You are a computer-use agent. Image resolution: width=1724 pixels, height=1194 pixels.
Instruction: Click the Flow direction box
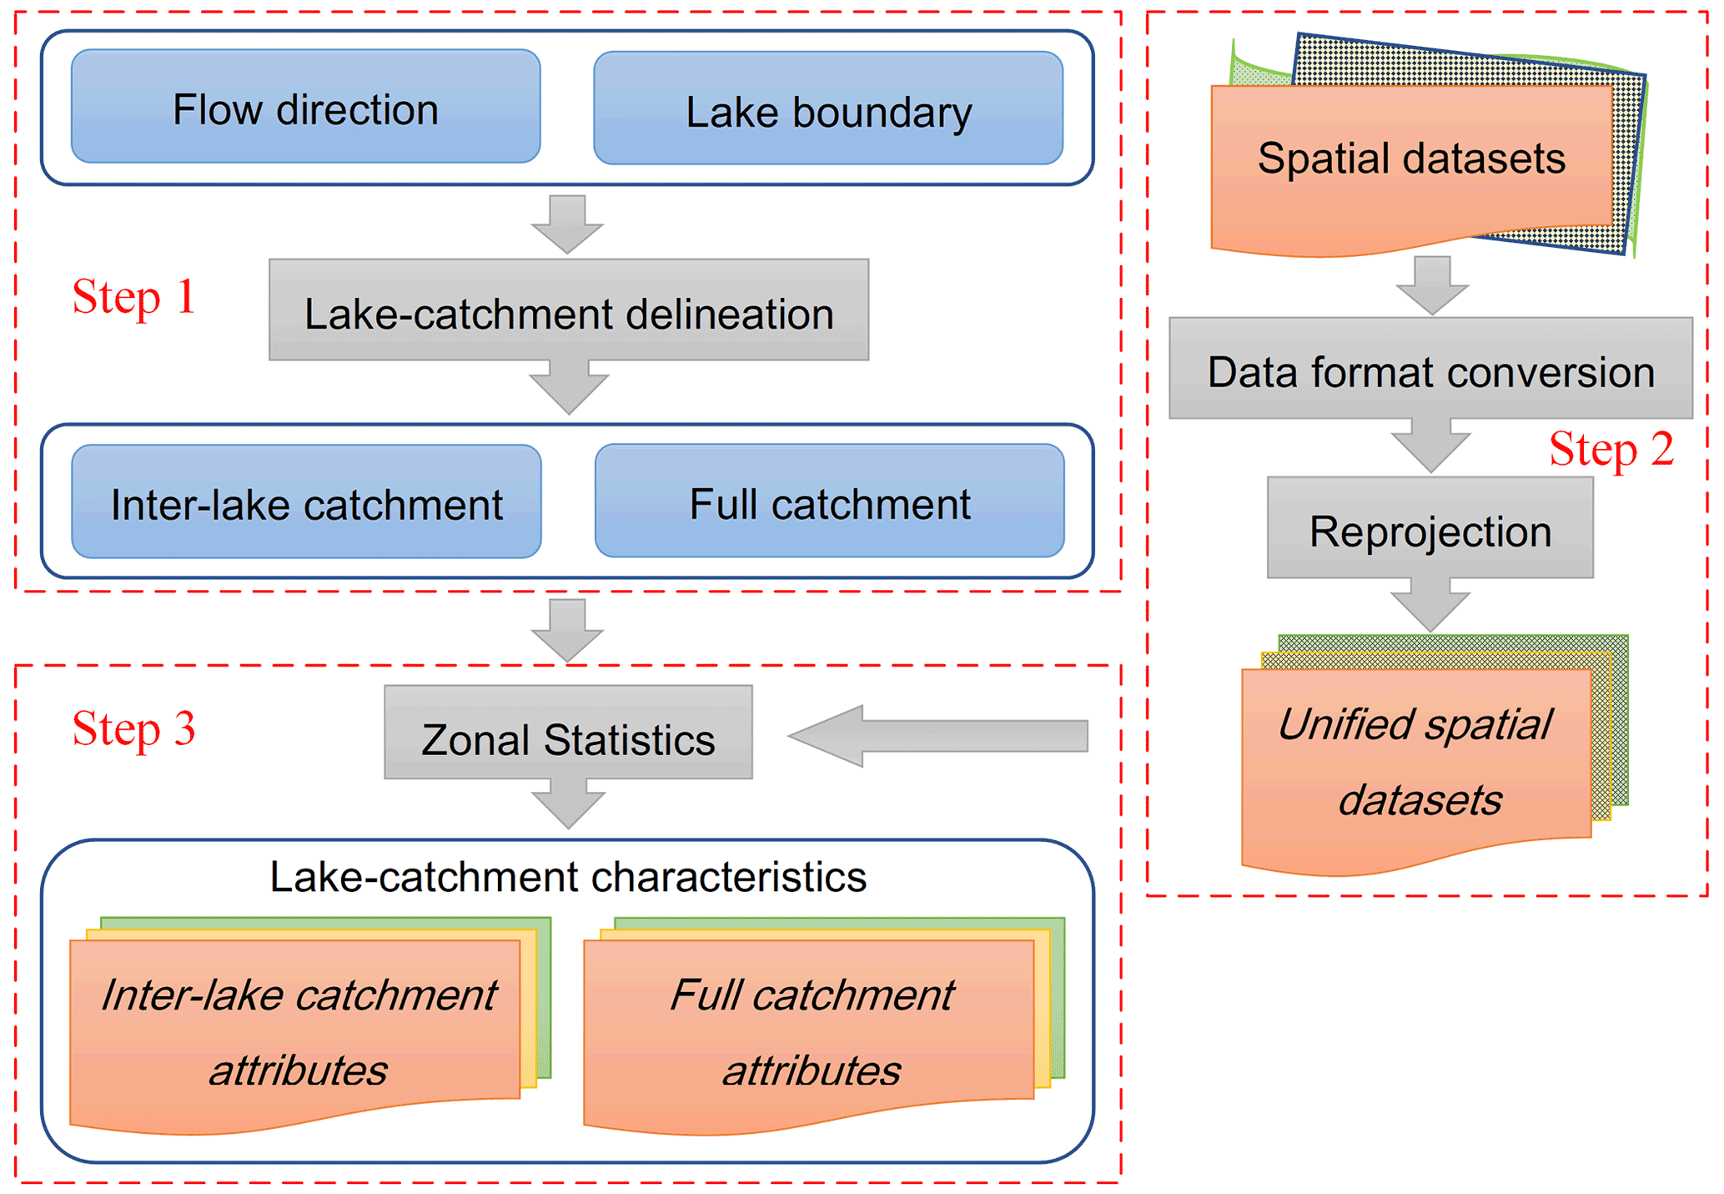coord(305,107)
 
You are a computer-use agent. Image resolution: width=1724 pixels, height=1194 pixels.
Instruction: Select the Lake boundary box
coord(827,108)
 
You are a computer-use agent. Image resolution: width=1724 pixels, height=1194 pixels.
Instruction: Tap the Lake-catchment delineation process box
coord(568,310)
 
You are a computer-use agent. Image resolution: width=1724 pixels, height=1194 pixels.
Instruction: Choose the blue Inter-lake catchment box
coord(306,501)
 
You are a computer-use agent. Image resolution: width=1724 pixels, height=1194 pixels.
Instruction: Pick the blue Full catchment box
coord(829,501)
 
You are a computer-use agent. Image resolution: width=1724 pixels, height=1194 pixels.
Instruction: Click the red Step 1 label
coord(133,297)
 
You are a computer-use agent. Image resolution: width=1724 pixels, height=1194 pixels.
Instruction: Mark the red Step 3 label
coord(133,728)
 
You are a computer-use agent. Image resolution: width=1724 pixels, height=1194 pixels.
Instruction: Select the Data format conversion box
coord(1430,369)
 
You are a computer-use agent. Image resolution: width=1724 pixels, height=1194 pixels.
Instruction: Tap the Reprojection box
coord(1430,528)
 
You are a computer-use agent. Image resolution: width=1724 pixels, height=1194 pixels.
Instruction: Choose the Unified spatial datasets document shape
coord(1415,763)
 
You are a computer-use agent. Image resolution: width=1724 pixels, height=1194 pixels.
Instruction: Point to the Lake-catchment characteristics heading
coord(568,877)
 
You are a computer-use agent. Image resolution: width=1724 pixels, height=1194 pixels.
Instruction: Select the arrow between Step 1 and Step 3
coord(568,630)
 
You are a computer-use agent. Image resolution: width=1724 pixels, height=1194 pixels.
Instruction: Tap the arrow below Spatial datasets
coord(1432,285)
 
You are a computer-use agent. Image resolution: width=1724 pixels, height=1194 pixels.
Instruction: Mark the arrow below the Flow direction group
coord(567,223)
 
